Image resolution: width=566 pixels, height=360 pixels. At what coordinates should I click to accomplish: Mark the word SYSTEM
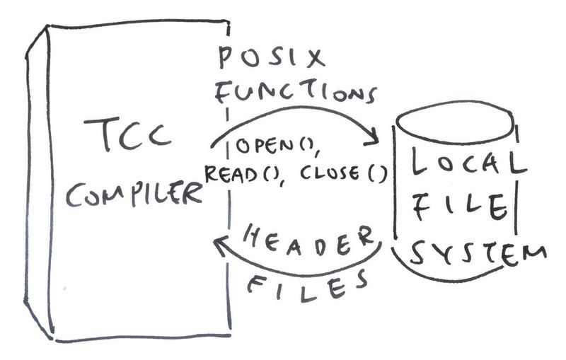475,253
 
